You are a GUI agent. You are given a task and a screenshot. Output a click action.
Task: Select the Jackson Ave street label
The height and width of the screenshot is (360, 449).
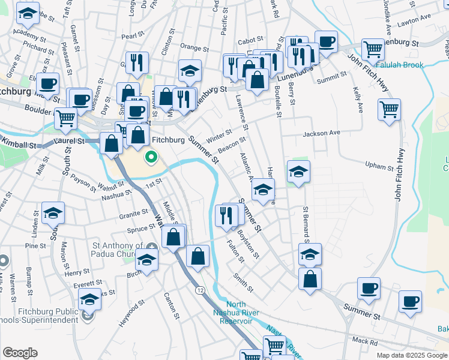321,133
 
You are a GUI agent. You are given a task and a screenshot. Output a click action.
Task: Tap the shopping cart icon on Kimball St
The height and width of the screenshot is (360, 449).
65,119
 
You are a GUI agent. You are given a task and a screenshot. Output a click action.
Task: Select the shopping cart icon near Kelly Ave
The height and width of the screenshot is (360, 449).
389,110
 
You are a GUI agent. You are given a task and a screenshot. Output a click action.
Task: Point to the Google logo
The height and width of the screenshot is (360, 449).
19,352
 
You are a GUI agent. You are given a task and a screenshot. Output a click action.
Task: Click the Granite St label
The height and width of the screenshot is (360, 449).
133,213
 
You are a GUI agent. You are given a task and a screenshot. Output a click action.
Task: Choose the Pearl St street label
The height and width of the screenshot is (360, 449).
130,36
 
